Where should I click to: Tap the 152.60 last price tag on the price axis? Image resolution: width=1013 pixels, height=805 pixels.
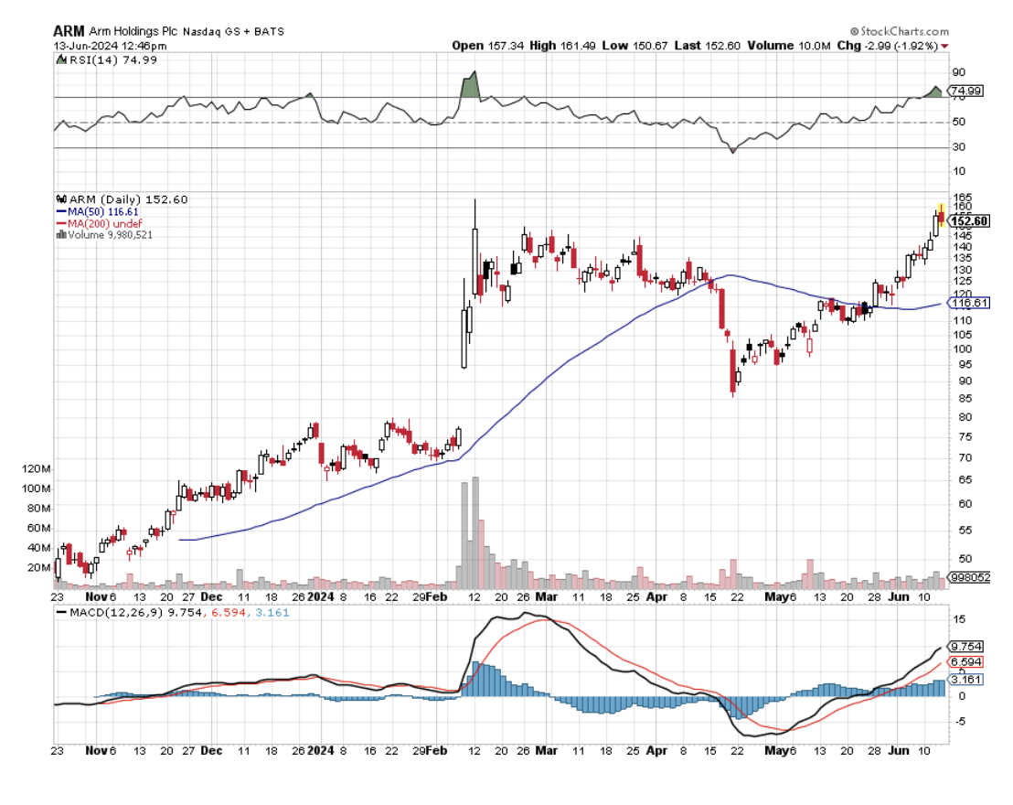coord(971,221)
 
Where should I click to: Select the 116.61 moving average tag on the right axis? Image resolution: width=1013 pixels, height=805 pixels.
coord(971,303)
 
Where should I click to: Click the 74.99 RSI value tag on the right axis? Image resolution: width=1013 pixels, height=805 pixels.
coord(967,91)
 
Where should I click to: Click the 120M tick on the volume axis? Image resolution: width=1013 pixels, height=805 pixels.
coord(39,468)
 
